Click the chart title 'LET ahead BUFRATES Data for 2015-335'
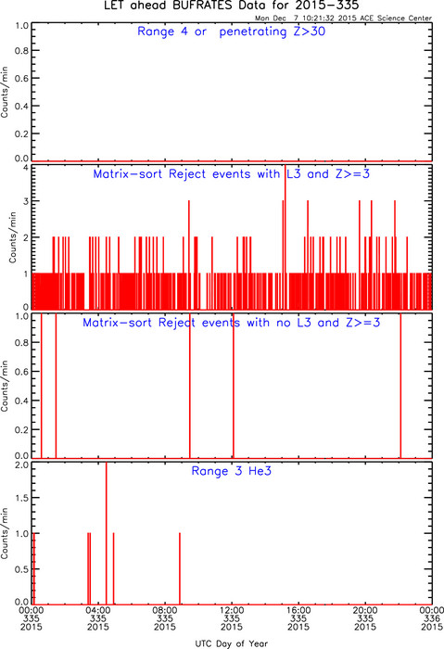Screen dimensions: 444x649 coord(232,6)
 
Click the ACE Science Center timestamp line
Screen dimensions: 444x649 coord(343,19)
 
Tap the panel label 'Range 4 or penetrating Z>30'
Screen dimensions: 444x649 coord(232,32)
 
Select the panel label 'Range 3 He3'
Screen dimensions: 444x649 coord(232,471)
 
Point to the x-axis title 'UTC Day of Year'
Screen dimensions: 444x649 coord(232,643)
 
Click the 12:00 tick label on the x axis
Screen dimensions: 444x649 coord(232,610)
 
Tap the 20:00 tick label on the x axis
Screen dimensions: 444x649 coord(365,610)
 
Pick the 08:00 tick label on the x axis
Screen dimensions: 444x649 coord(165,610)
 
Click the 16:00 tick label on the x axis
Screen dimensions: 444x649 coord(298,610)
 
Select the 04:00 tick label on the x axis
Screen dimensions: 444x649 coord(98,610)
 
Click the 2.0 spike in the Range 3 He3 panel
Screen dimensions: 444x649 coord(107,533)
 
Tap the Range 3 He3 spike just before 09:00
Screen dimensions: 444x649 coord(180,568)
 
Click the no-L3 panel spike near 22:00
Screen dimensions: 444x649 coord(400,386)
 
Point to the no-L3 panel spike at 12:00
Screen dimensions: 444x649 coord(234,386)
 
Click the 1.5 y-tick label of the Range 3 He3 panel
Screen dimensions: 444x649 coord(21,498)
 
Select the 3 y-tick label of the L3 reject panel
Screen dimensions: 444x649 coord(26,201)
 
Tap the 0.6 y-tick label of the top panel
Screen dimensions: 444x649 coord(21,78)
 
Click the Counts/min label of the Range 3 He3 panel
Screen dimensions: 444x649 coord(5,533)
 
